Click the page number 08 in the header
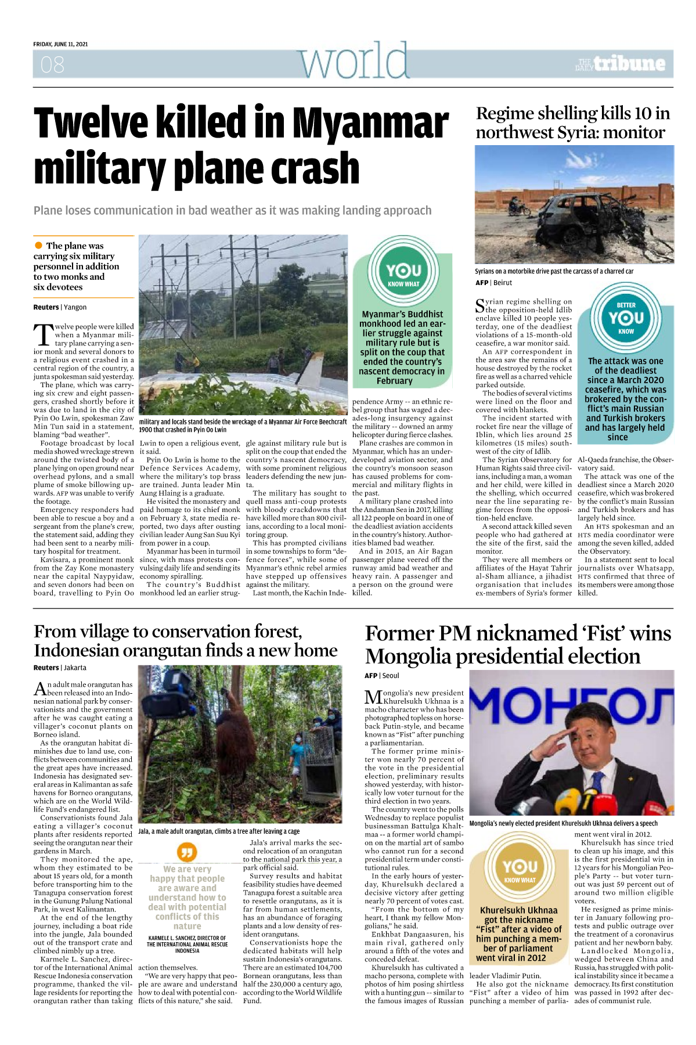pos(52,64)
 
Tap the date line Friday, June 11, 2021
pos(60,44)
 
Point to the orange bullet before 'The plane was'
pos(38,246)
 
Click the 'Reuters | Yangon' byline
pos(60,307)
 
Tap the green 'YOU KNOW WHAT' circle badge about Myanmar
pos(403,273)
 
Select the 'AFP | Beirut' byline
pos(493,283)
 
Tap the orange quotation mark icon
pos(187,852)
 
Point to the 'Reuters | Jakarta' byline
pos(60,668)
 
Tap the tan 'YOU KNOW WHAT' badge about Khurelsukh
pos(520,871)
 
